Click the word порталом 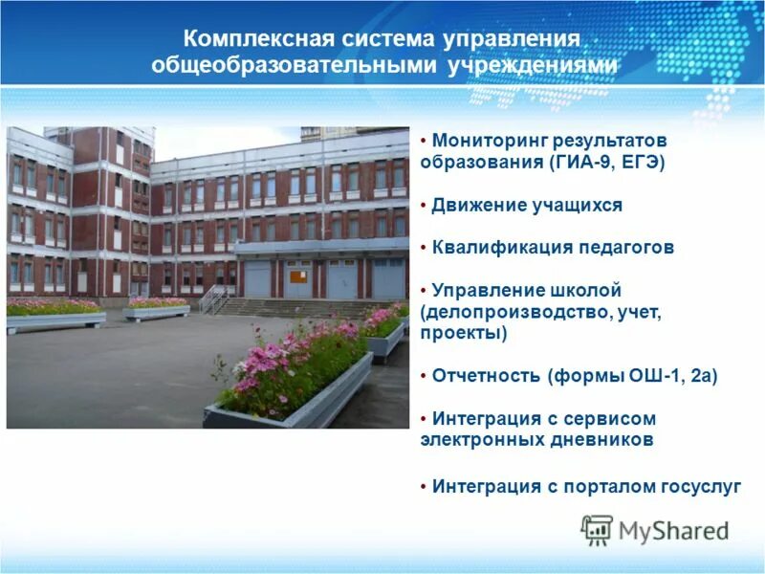608,486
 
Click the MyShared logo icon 597,530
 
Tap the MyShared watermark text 673,531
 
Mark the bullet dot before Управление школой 424,290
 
